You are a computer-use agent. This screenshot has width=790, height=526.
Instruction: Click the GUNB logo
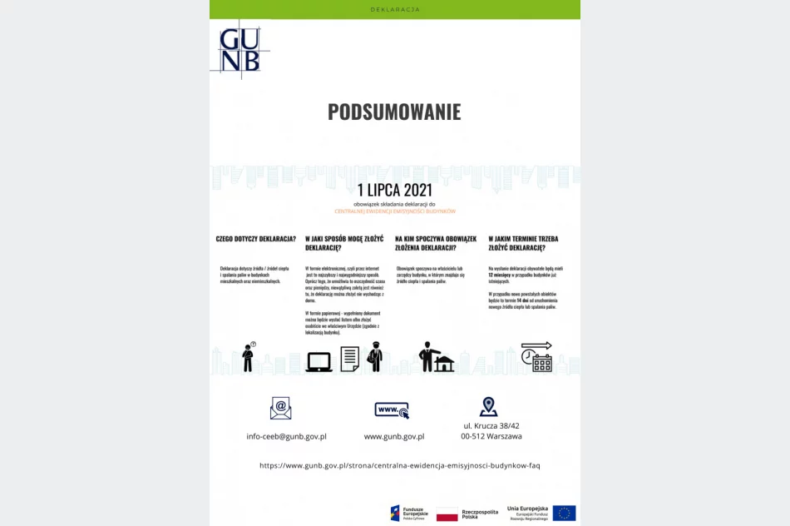click(239, 49)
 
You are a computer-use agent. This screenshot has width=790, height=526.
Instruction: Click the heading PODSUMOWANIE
click(394, 112)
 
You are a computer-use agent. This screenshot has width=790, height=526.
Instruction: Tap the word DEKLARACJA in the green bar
click(395, 9)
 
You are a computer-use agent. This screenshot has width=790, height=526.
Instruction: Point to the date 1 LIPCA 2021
click(394, 190)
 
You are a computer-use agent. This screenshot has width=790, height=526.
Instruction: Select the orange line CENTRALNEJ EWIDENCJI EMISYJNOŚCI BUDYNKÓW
click(395, 211)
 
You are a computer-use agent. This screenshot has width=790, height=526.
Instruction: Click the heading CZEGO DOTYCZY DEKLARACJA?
click(256, 239)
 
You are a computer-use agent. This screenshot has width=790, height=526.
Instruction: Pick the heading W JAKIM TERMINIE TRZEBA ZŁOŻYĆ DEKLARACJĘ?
click(523, 243)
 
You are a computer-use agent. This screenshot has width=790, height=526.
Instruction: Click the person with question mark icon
click(248, 356)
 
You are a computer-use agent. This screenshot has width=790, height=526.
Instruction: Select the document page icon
click(349, 359)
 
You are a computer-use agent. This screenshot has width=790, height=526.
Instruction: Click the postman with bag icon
click(375, 356)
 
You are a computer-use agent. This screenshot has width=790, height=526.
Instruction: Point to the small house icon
click(445, 364)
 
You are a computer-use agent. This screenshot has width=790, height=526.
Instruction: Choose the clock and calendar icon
click(536, 356)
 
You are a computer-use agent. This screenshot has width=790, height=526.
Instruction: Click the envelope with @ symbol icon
click(281, 408)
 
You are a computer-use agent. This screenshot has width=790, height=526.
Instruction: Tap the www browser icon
click(392, 409)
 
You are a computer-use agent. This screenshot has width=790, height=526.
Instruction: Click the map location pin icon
click(488, 407)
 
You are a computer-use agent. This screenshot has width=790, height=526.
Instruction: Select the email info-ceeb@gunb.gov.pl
click(286, 436)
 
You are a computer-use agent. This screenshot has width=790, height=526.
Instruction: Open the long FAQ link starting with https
click(399, 465)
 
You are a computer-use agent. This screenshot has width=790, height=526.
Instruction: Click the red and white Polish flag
click(447, 514)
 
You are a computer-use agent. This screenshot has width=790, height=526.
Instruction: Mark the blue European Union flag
click(564, 513)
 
